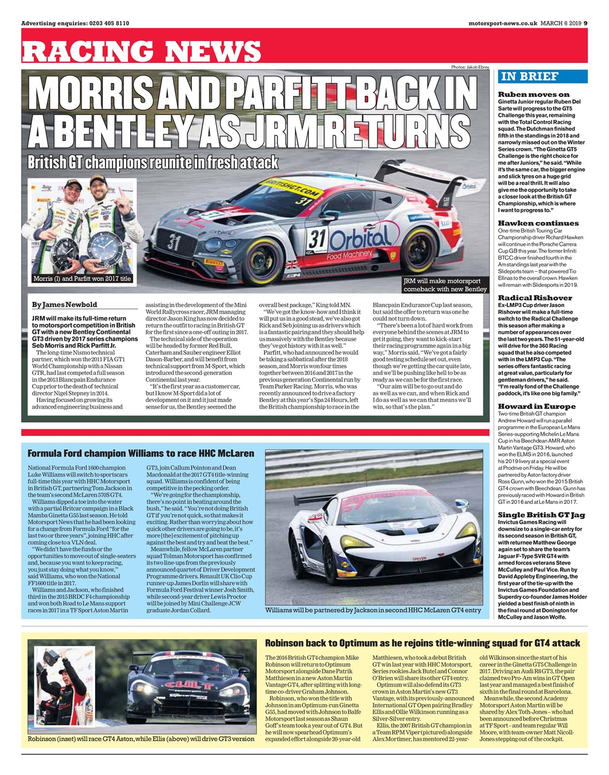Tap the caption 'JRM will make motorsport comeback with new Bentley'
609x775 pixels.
tap(444, 285)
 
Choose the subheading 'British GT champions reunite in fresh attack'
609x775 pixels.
tap(153, 162)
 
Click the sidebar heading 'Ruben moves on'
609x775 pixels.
tap(533, 94)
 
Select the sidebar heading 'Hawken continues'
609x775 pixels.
tap(538, 223)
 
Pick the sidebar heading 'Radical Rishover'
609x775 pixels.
tap(535, 298)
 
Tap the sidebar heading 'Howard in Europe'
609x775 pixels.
tap(536, 406)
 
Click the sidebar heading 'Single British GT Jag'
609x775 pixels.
tap(541, 515)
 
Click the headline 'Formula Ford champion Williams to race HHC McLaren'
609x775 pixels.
tap(141, 453)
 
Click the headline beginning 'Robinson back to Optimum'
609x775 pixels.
tap(423, 643)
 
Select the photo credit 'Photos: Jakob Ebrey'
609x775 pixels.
tap(470, 67)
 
